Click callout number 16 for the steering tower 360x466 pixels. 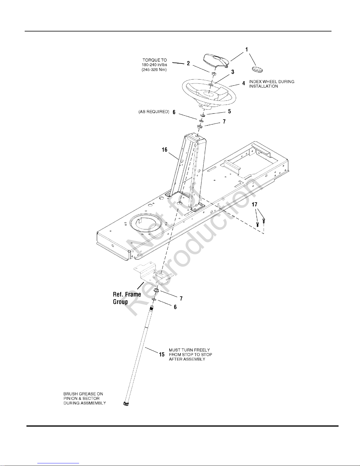[164, 150]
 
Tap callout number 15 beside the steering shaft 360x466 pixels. [162, 355]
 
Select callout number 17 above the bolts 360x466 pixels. [254, 204]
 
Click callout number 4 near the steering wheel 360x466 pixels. [244, 83]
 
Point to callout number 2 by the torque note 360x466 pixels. [188, 63]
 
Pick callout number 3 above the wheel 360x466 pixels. [233, 72]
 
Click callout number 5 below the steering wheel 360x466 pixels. [230, 111]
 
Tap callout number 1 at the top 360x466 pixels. [247, 49]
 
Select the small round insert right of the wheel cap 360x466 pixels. [257, 69]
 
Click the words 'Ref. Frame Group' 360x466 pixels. [127, 298]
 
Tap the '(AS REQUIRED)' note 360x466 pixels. [154, 112]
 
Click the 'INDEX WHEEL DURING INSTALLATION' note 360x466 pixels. [272, 84]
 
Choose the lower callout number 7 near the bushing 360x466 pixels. [181, 298]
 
